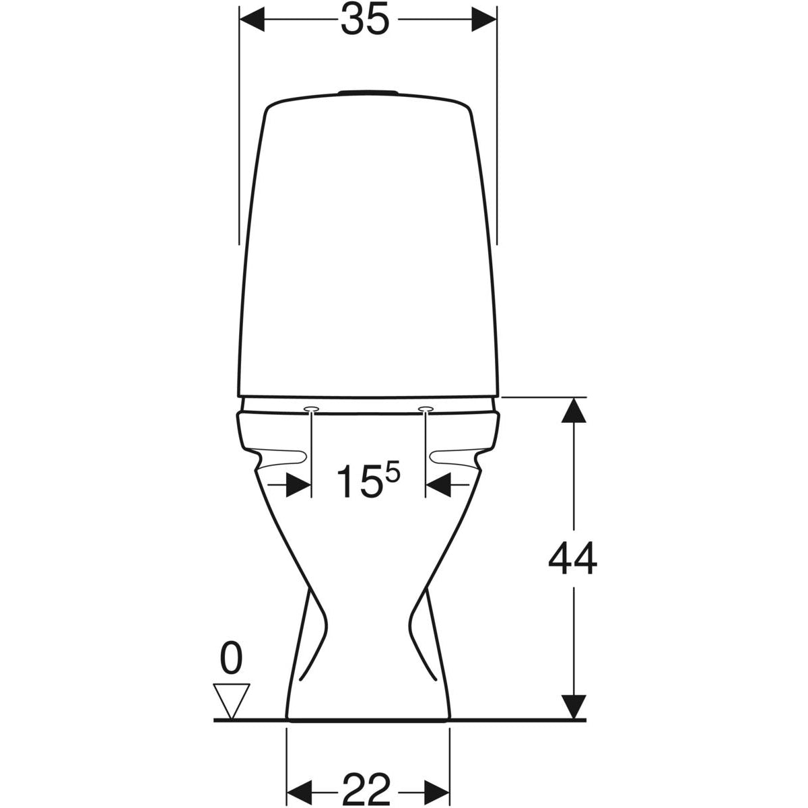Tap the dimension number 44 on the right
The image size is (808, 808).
point(572,558)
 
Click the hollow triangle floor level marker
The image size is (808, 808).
point(231,702)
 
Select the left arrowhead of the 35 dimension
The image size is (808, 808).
point(252,19)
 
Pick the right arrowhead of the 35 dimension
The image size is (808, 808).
point(484,19)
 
